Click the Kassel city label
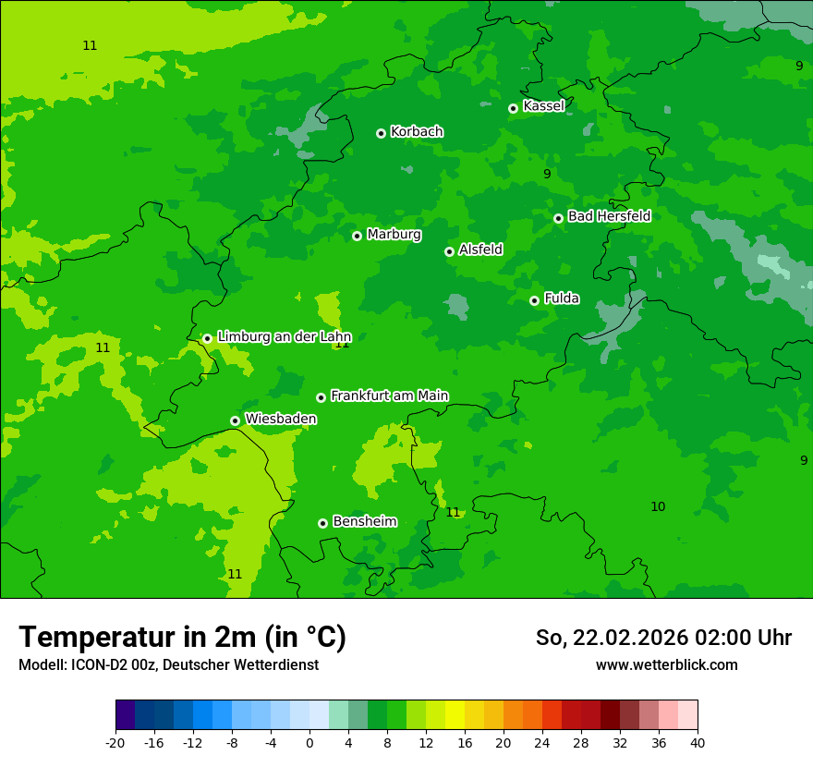543,106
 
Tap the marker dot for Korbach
381,133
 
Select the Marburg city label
394,235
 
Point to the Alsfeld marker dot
449,251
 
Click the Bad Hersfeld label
609,216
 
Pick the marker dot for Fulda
534,300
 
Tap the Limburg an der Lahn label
284,337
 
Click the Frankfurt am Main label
389,396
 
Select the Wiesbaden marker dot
235,420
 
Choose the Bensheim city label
364,521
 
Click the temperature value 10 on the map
657,506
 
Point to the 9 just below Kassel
547,174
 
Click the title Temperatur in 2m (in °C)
182,637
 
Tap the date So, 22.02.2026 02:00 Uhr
663,638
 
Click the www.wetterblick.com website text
666,665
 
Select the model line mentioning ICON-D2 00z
168,665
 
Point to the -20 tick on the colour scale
115,742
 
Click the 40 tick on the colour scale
697,742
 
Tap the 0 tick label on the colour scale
309,742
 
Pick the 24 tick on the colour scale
541,742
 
